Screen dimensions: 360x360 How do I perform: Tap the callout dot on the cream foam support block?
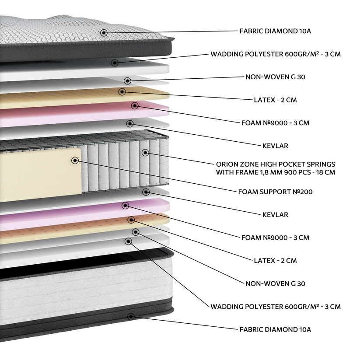click(75, 161)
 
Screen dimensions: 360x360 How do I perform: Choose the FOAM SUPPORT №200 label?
click(276, 192)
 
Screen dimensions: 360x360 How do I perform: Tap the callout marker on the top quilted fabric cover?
click(104, 32)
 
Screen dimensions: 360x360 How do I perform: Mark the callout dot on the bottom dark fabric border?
click(131, 316)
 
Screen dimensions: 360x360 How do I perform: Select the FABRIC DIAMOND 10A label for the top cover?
click(275, 31)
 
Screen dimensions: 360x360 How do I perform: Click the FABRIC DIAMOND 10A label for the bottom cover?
click(275, 329)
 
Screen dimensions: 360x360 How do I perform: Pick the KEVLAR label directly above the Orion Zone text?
click(275, 146)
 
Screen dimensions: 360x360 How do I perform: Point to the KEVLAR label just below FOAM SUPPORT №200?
click(275, 215)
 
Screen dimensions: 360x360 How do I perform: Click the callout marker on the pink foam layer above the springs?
click(135, 105)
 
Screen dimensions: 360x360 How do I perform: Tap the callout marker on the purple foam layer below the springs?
click(126, 205)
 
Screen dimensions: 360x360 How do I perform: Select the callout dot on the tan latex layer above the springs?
click(122, 91)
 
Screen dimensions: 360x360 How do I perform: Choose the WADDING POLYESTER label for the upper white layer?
click(275, 54)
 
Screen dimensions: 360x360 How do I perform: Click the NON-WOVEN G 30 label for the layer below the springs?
click(275, 283)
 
